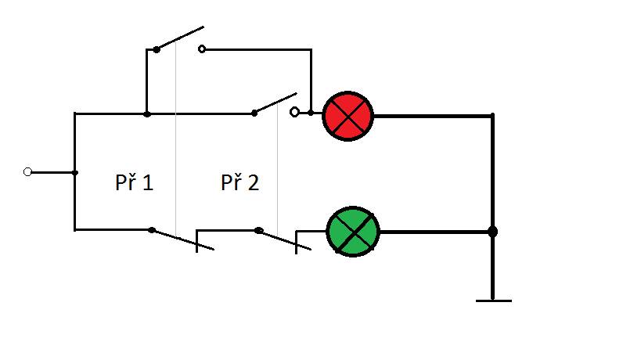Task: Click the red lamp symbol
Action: coord(348,116)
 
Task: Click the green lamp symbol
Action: coord(353,232)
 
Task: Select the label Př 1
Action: coord(134,182)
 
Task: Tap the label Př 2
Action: coord(240,182)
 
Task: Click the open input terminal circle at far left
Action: coord(28,172)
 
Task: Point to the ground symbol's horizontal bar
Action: coord(493,301)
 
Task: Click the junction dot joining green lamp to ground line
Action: coord(492,232)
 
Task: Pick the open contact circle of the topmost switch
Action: coord(202,49)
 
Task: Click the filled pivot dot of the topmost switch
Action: coord(157,49)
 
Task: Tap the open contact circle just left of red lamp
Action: coord(294,112)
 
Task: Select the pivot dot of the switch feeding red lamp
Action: coord(254,113)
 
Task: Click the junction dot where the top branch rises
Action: coord(147,114)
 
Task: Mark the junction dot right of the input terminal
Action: coord(75,173)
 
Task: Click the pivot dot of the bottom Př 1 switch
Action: coord(152,230)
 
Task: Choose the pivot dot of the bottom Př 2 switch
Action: coord(258,230)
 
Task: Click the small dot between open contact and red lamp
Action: coord(311,113)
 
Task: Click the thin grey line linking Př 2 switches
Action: coord(278,170)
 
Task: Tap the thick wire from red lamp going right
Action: coord(433,116)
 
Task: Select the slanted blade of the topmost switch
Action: coord(180,38)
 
